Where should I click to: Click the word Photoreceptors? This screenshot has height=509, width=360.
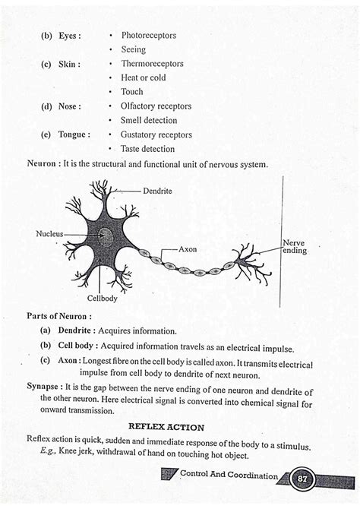point(149,35)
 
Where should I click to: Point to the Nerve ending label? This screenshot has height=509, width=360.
point(294,247)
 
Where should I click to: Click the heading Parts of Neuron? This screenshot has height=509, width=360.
point(59,315)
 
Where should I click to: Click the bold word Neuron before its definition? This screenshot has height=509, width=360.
point(44,164)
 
